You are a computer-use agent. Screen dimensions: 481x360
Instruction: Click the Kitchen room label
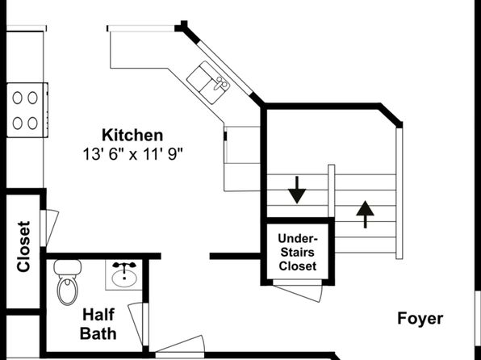[x=132, y=136]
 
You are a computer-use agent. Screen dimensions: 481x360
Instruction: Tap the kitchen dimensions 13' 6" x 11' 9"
[x=132, y=154]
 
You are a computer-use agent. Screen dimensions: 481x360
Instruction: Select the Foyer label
[x=420, y=318]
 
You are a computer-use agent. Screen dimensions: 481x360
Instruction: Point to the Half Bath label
[x=98, y=324]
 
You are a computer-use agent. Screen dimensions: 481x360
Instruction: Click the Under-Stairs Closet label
[x=297, y=253]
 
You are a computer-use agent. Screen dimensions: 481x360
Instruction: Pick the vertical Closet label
[x=24, y=246]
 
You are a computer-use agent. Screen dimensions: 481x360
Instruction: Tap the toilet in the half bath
[x=68, y=282]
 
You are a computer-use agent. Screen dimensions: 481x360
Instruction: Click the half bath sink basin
[x=124, y=278]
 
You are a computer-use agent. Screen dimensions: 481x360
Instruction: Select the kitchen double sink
[x=208, y=82]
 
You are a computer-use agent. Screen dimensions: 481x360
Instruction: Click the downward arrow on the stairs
[x=297, y=190]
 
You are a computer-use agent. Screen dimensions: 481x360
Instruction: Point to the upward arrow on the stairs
[x=365, y=215]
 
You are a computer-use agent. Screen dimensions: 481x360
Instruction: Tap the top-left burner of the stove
[x=17, y=98]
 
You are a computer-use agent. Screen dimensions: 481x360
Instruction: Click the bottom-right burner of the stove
[x=32, y=123]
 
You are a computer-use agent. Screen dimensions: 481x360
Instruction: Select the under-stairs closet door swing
[x=298, y=291]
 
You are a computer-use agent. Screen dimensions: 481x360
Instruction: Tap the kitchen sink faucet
[x=221, y=82]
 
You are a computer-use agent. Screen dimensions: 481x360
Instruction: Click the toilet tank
[x=68, y=267]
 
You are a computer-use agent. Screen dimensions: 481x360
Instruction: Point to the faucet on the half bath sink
[x=124, y=266]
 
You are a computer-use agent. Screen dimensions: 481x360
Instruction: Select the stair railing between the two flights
[x=332, y=190]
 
